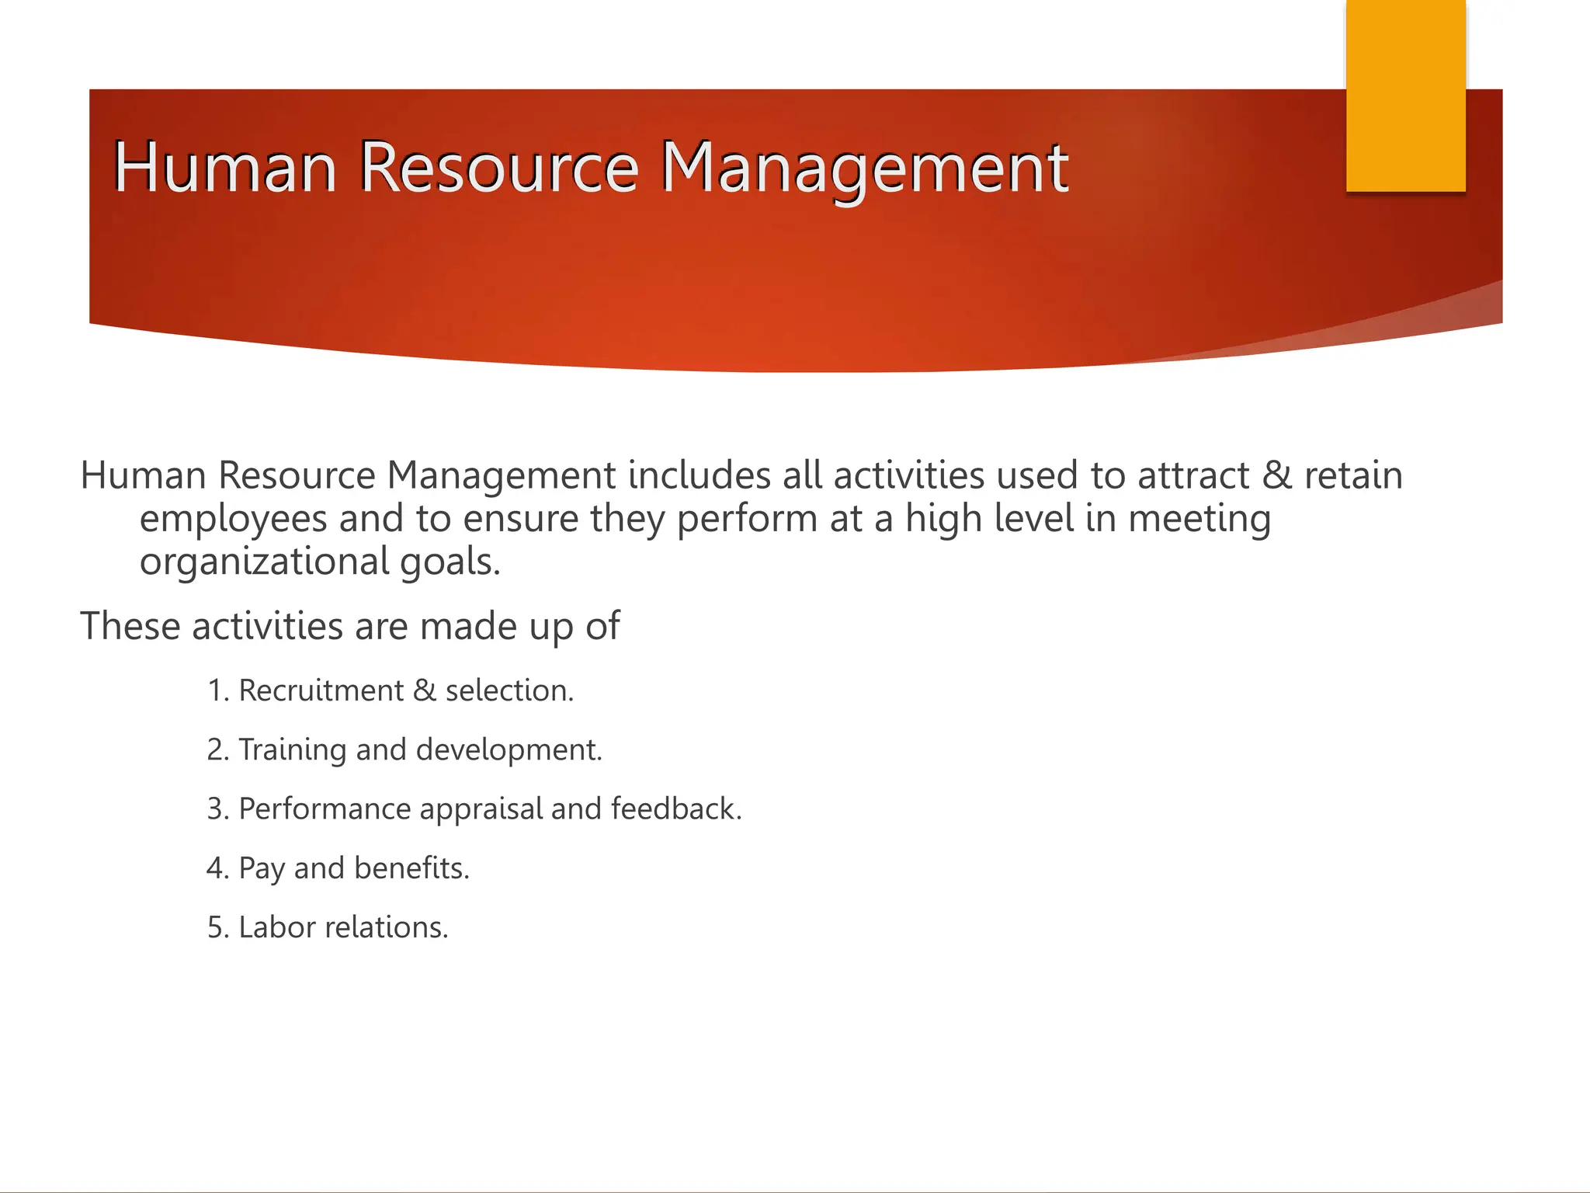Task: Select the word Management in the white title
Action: [x=864, y=167]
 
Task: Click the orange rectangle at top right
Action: [x=1405, y=95]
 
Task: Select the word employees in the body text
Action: [x=233, y=519]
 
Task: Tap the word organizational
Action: [x=264, y=562]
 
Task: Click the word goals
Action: [x=450, y=562]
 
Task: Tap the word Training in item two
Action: [x=292, y=750]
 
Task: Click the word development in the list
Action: [x=509, y=750]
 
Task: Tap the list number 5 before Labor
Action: [x=215, y=928]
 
